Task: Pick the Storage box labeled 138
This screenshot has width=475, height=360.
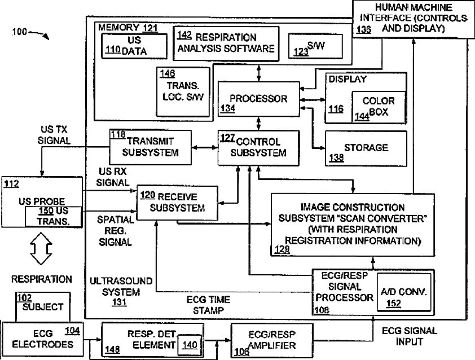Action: pyautogui.click(x=366, y=148)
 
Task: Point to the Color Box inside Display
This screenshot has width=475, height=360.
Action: pyautogui.click(x=378, y=107)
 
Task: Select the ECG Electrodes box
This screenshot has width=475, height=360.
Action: pyautogui.click(x=43, y=338)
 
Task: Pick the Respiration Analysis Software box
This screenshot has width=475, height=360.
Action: pyautogui.click(x=226, y=43)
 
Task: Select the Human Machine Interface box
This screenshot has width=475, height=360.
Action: pyautogui.click(x=413, y=18)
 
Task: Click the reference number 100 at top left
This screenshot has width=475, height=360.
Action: pyautogui.click(x=18, y=32)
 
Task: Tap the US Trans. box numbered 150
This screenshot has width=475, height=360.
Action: pyautogui.click(x=55, y=216)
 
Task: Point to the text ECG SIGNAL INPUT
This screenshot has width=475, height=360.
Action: pyautogui.click(x=409, y=336)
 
